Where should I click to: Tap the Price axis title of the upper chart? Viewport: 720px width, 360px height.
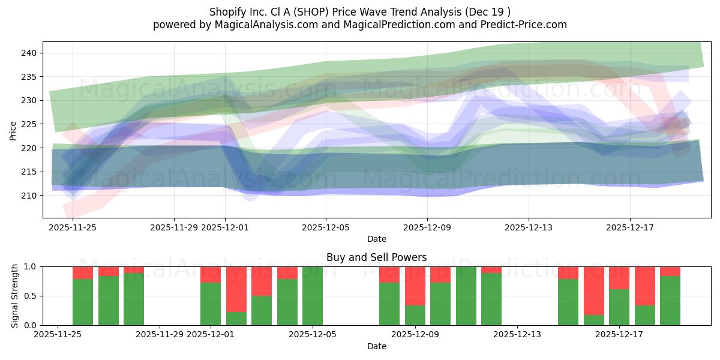pyautogui.click(x=13, y=130)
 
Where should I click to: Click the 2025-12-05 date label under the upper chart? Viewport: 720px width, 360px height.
pyautogui.click(x=326, y=227)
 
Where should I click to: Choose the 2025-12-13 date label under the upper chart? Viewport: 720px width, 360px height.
pyautogui.click(x=528, y=227)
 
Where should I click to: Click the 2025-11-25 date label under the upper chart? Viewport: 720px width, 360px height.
pyautogui.click(x=73, y=227)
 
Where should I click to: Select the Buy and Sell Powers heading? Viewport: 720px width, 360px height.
pyautogui.click(x=376, y=257)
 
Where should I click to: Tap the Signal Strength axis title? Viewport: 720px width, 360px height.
pyautogui.click(x=15, y=296)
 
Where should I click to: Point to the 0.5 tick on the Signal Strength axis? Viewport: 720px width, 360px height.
pyautogui.click(x=29, y=296)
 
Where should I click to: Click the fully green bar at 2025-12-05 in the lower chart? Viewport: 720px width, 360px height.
pyautogui.click(x=313, y=296)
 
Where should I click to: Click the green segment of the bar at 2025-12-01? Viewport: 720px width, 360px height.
pyautogui.click(x=211, y=304)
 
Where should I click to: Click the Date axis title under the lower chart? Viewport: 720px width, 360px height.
pyautogui.click(x=376, y=346)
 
